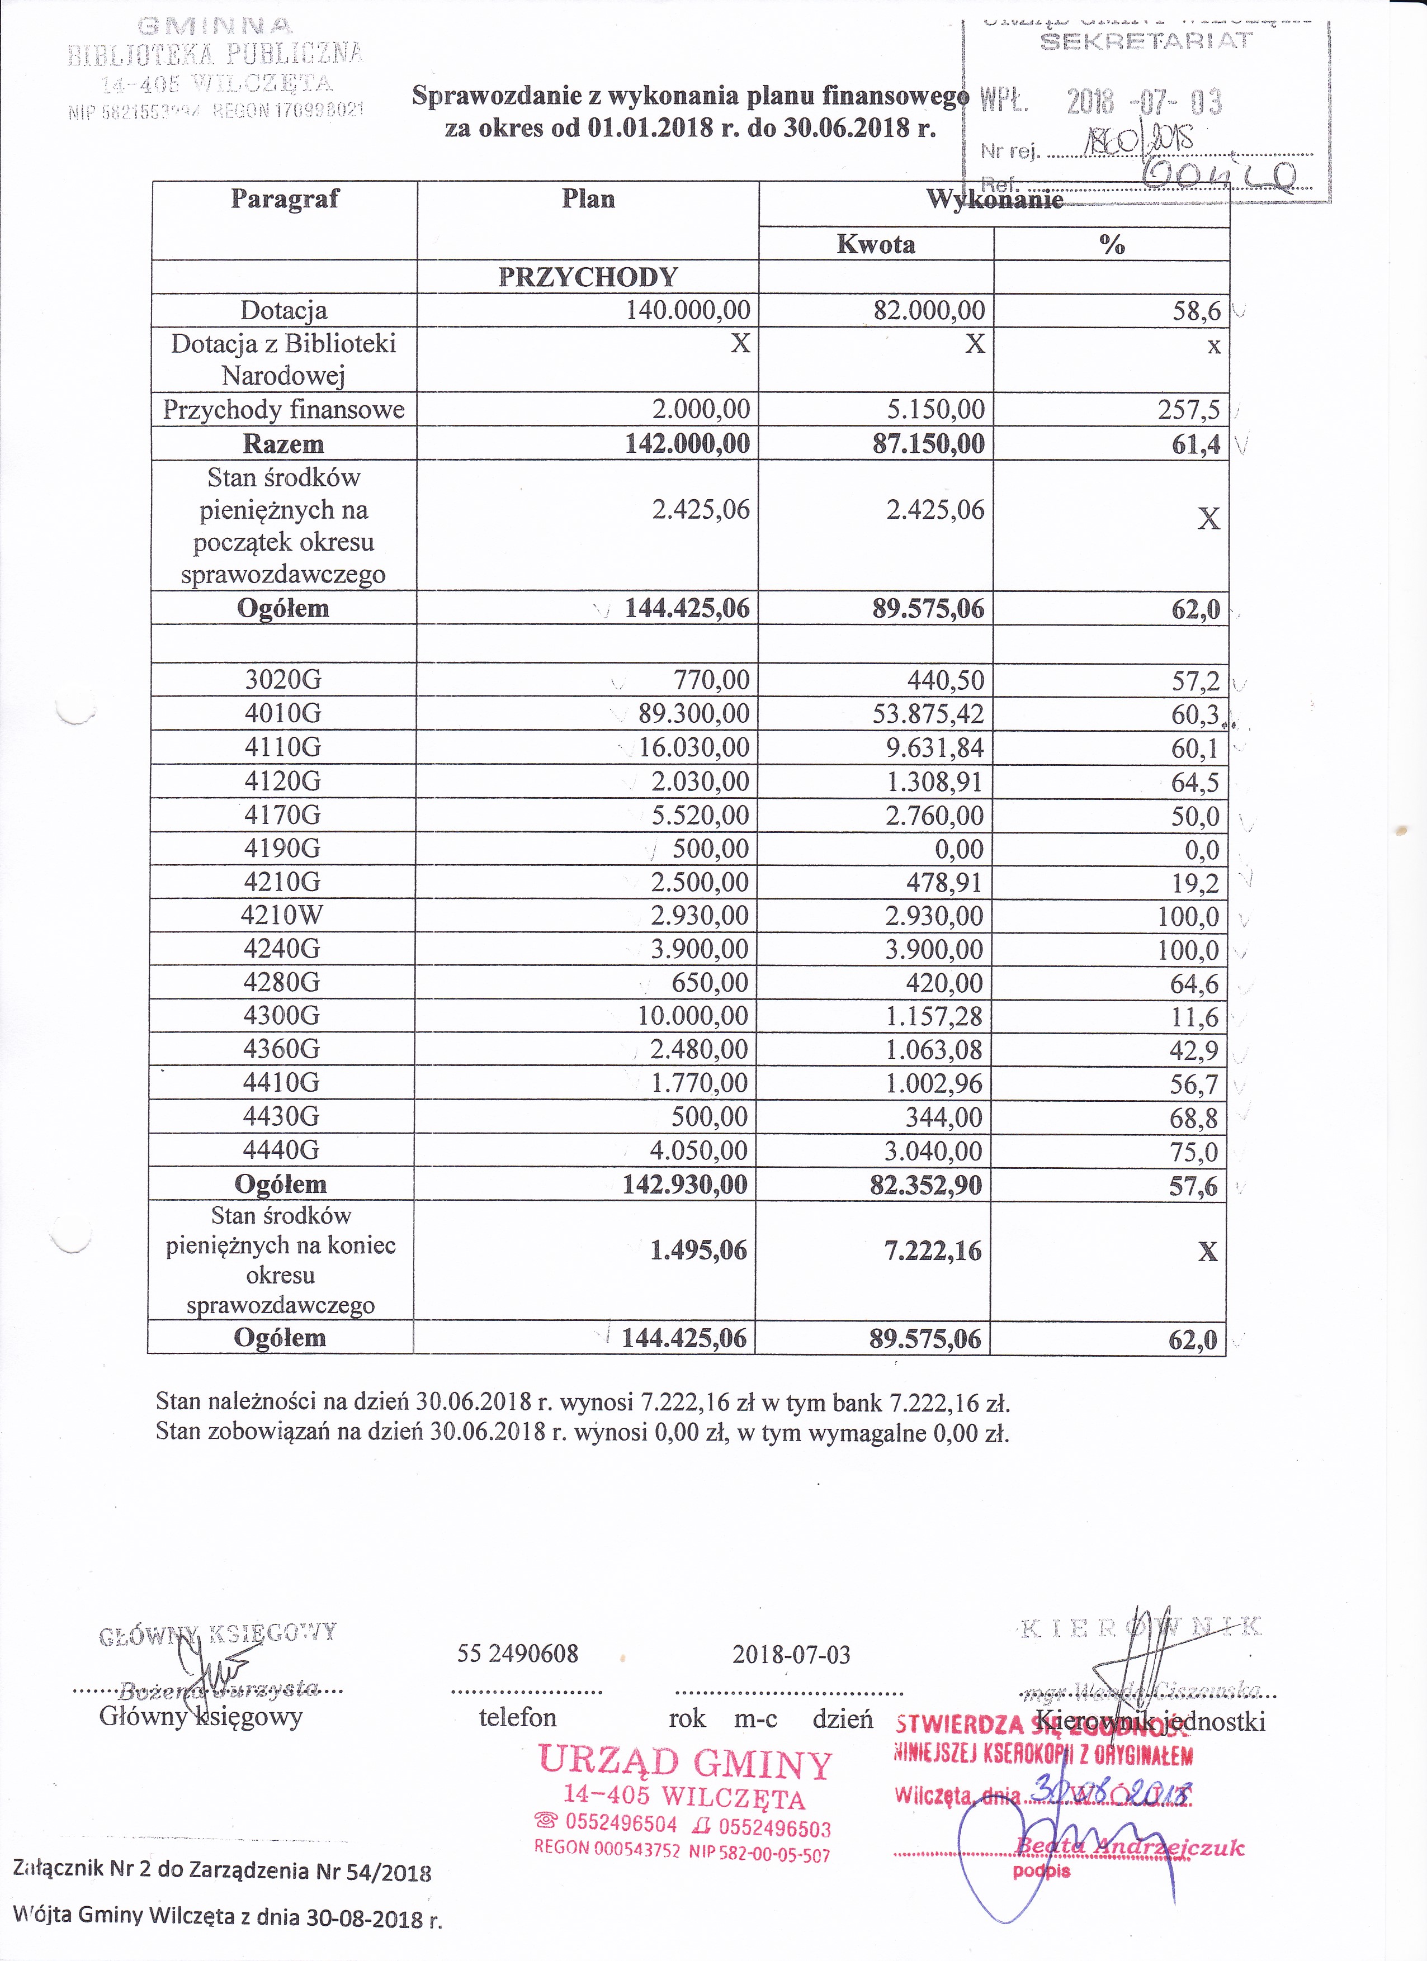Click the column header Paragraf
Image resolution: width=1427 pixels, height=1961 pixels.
tap(285, 199)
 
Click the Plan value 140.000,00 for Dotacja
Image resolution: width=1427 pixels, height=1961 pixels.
tap(688, 310)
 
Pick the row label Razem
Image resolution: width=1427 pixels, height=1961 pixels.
tap(283, 444)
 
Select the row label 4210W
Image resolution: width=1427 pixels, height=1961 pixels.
tap(283, 916)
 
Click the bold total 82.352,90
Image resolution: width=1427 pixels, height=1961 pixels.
tap(925, 1185)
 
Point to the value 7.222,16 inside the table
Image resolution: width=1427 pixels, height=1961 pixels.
tap(933, 1251)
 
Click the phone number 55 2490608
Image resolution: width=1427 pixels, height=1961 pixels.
tap(517, 1654)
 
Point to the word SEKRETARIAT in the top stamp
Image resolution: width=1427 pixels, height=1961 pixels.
tap(1146, 41)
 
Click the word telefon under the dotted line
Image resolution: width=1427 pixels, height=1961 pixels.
tap(517, 1717)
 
